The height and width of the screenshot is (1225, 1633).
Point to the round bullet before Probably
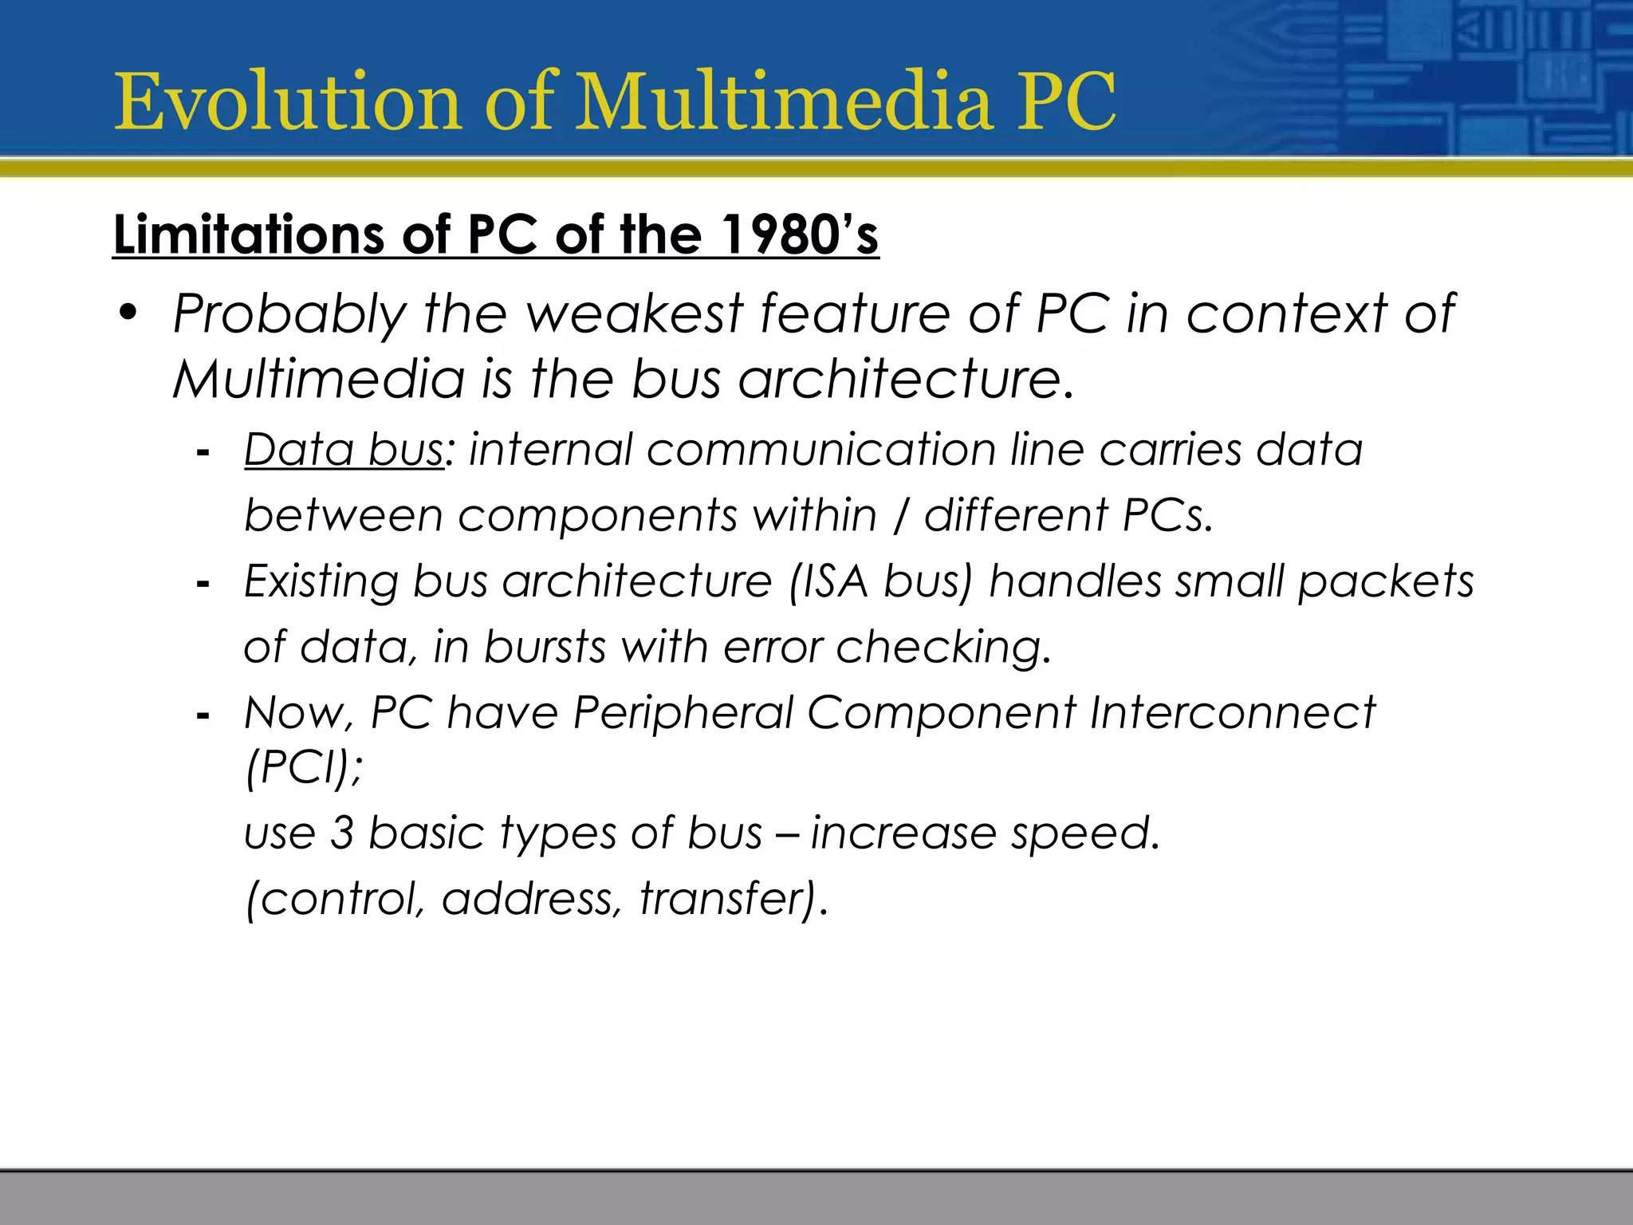click(x=128, y=313)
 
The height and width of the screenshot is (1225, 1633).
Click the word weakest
click(x=634, y=313)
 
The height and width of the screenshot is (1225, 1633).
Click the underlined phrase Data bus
click(x=344, y=449)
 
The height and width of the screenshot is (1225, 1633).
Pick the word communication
click(x=820, y=449)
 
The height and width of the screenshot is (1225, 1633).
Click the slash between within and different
click(x=900, y=515)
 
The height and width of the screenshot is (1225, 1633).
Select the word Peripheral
click(x=683, y=711)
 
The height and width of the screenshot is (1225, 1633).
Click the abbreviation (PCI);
click(x=304, y=767)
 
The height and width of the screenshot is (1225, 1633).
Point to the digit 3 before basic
click(x=341, y=833)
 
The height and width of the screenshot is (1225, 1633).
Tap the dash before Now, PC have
click(x=203, y=716)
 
